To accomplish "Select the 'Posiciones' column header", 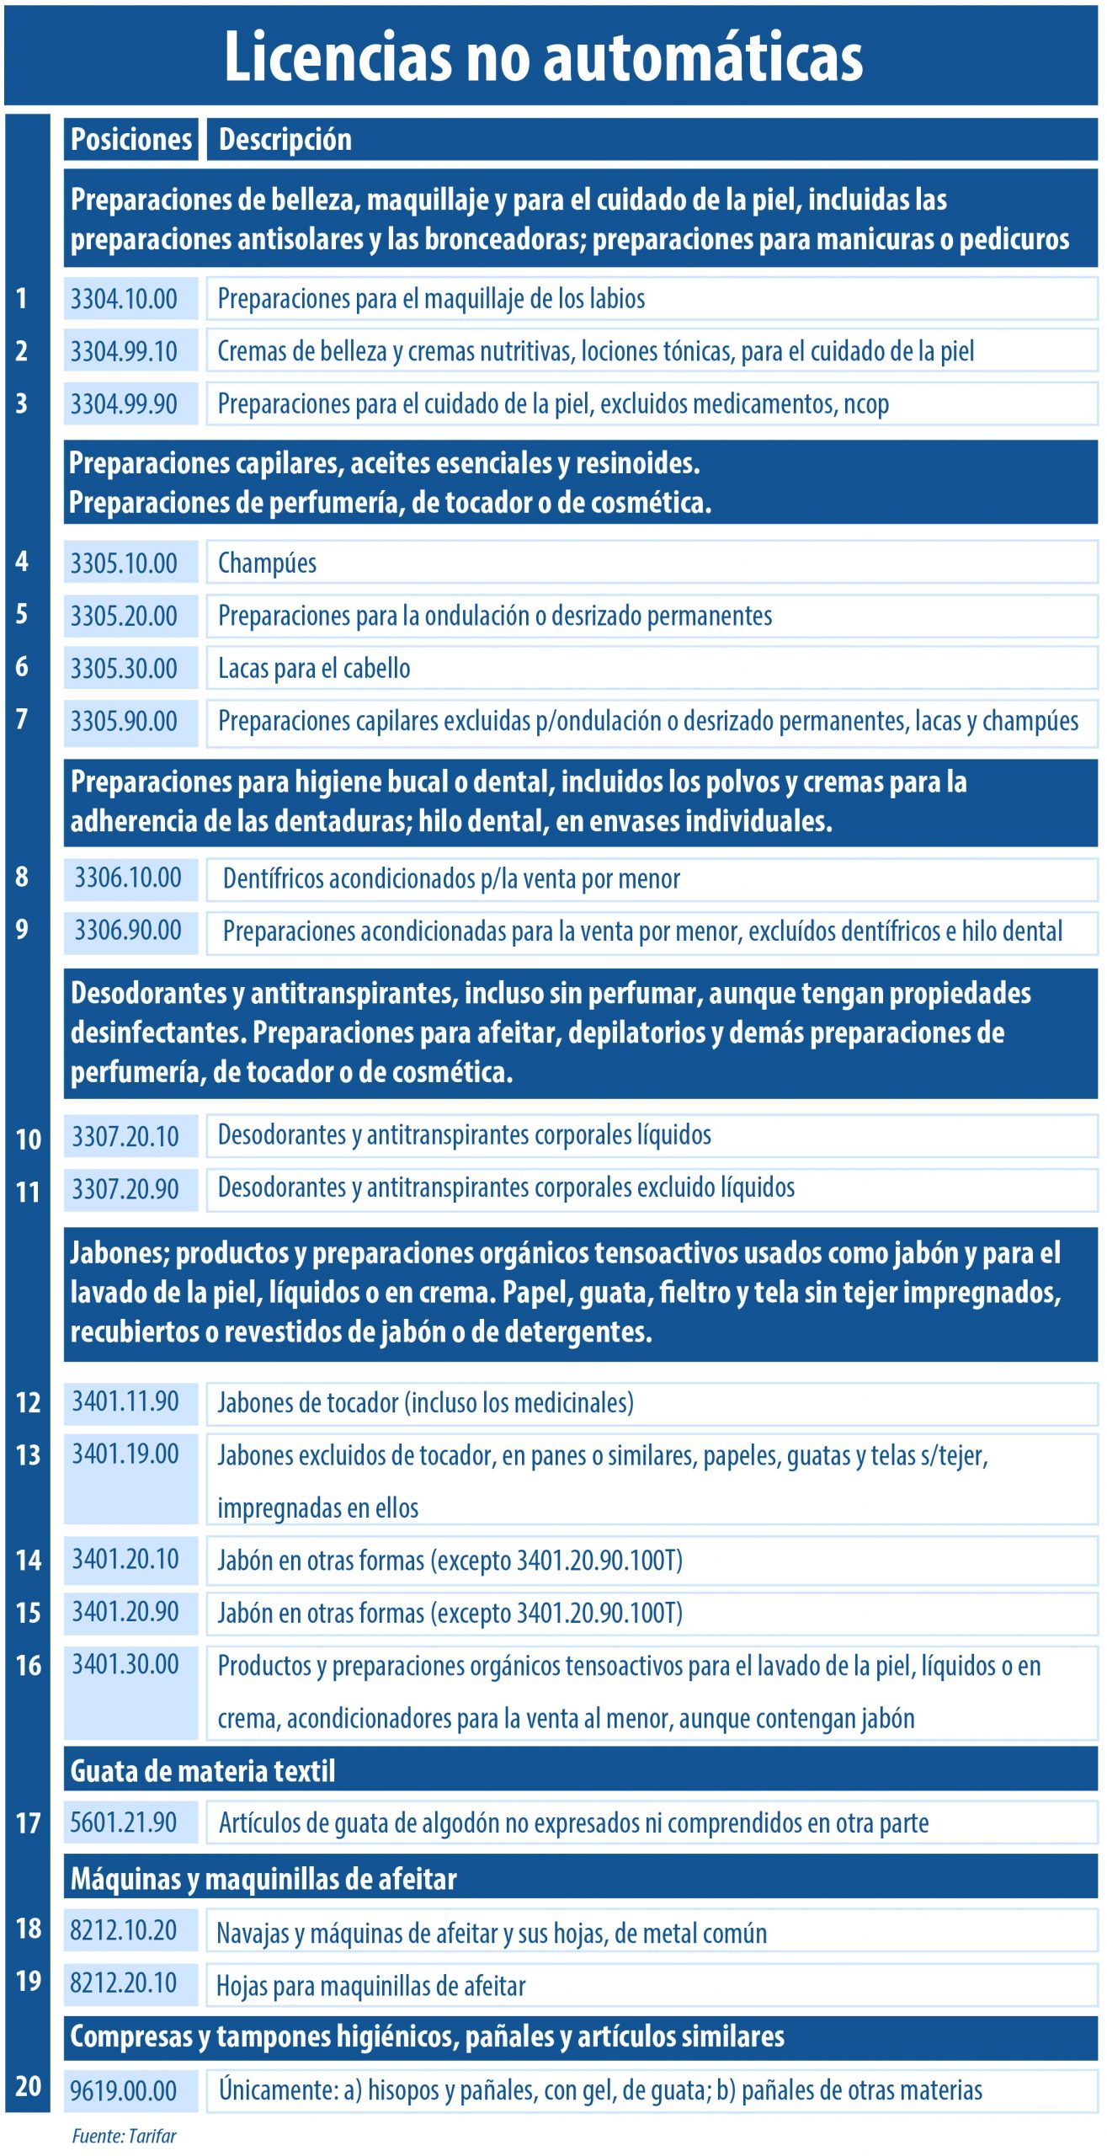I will pyautogui.click(x=130, y=139).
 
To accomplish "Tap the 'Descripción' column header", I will pyautogui.click(x=285, y=139).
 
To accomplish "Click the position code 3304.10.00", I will pyautogui.click(x=124, y=299).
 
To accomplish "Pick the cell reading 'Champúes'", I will pyautogui.click(x=267, y=563).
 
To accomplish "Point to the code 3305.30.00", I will pyautogui.click(x=124, y=669).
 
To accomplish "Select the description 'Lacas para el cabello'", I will pyautogui.click(x=314, y=669).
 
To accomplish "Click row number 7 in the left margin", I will pyautogui.click(x=22, y=719).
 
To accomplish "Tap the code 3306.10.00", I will pyautogui.click(x=128, y=878).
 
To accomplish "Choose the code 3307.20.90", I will pyautogui.click(x=125, y=1189).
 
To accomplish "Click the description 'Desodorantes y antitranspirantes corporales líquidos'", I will pyautogui.click(x=464, y=1135).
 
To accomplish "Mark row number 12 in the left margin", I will pyautogui.click(x=28, y=1402).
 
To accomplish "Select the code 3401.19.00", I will pyautogui.click(x=125, y=1454).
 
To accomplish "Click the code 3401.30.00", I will pyautogui.click(x=125, y=1664).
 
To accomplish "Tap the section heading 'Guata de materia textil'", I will pyautogui.click(x=203, y=1771).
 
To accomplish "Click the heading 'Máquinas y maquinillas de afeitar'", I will pyautogui.click(x=263, y=1879).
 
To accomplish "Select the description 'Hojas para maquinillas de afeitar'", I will pyautogui.click(x=371, y=1986).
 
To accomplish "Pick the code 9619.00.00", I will pyautogui.click(x=124, y=2090).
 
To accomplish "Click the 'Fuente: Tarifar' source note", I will pyautogui.click(x=125, y=2136).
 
